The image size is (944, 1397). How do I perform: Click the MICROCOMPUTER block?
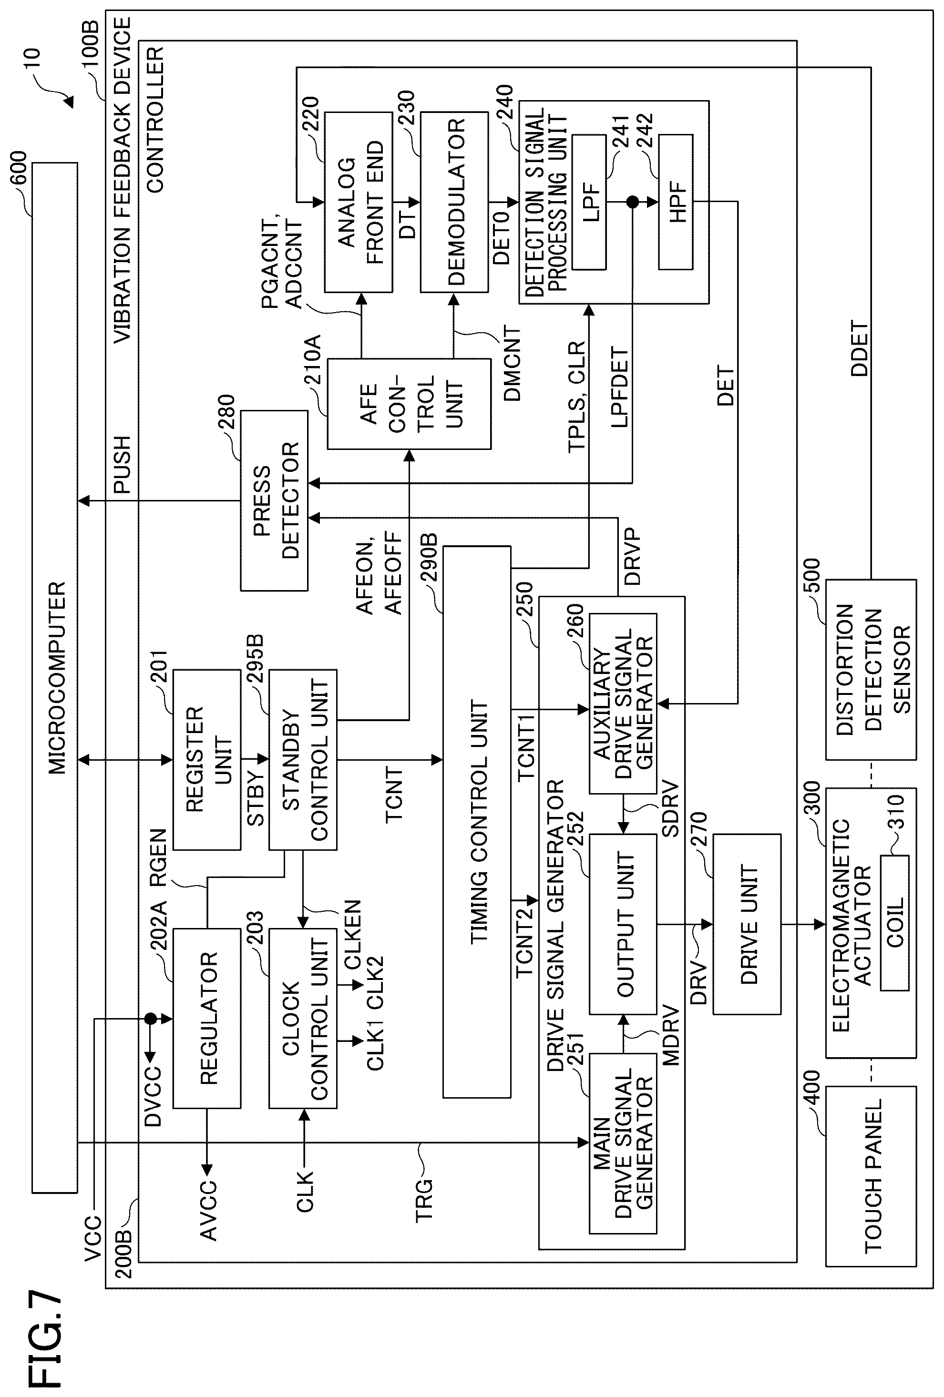(55, 678)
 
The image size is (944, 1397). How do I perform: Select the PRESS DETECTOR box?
(274, 500)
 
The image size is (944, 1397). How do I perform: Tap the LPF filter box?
(589, 202)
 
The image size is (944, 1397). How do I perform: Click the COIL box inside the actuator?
(895, 923)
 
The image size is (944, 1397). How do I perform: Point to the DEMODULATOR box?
(454, 202)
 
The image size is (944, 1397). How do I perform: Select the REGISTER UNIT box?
(207, 760)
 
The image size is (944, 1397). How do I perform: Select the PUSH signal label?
(122, 464)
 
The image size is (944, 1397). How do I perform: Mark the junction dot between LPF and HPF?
(632, 202)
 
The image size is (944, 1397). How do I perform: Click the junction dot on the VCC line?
(150, 1018)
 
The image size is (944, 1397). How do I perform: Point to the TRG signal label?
(424, 1199)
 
